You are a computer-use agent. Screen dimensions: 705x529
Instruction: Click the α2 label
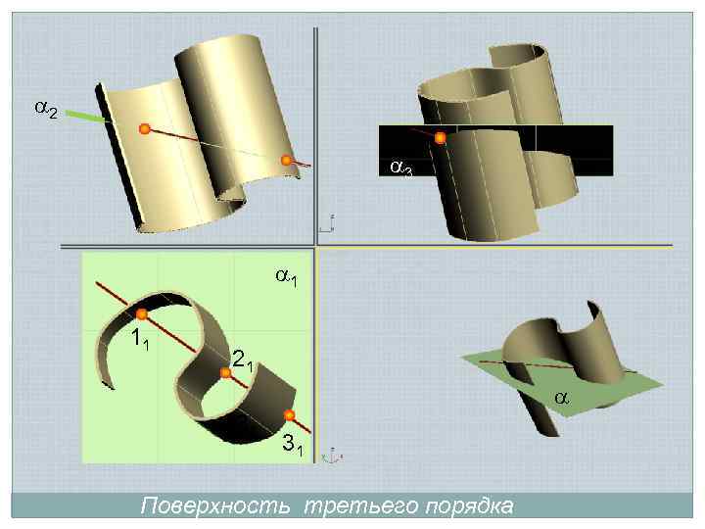(46, 111)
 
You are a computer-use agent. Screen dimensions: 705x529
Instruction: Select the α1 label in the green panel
(286, 279)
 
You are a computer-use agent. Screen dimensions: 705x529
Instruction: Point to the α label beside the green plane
(561, 398)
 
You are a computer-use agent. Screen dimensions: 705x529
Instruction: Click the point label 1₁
(140, 343)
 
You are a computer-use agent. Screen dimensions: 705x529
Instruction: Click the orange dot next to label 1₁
(142, 314)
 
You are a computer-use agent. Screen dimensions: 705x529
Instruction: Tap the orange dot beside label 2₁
(225, 372)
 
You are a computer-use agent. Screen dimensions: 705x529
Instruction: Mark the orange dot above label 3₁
(289, 415)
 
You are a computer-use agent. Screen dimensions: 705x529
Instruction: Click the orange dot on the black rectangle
(441, 138)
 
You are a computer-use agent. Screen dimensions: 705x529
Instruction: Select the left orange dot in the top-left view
(144, 128)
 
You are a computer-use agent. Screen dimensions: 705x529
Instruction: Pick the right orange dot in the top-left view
(287, 161)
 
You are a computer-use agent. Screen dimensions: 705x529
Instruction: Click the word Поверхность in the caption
(217, 506)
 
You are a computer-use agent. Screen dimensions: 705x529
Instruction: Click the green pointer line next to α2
(89, 117)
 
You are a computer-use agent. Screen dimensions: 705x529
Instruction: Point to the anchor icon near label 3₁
(333, 455)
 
